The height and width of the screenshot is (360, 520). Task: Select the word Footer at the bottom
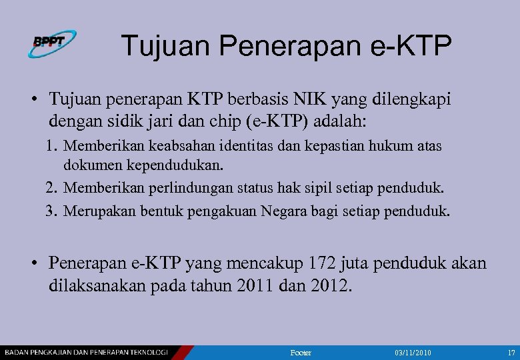tap(301, 352)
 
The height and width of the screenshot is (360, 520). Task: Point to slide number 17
tap(511, 352)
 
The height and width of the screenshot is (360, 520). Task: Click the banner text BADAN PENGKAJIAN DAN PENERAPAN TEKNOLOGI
tap(87, 351)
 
